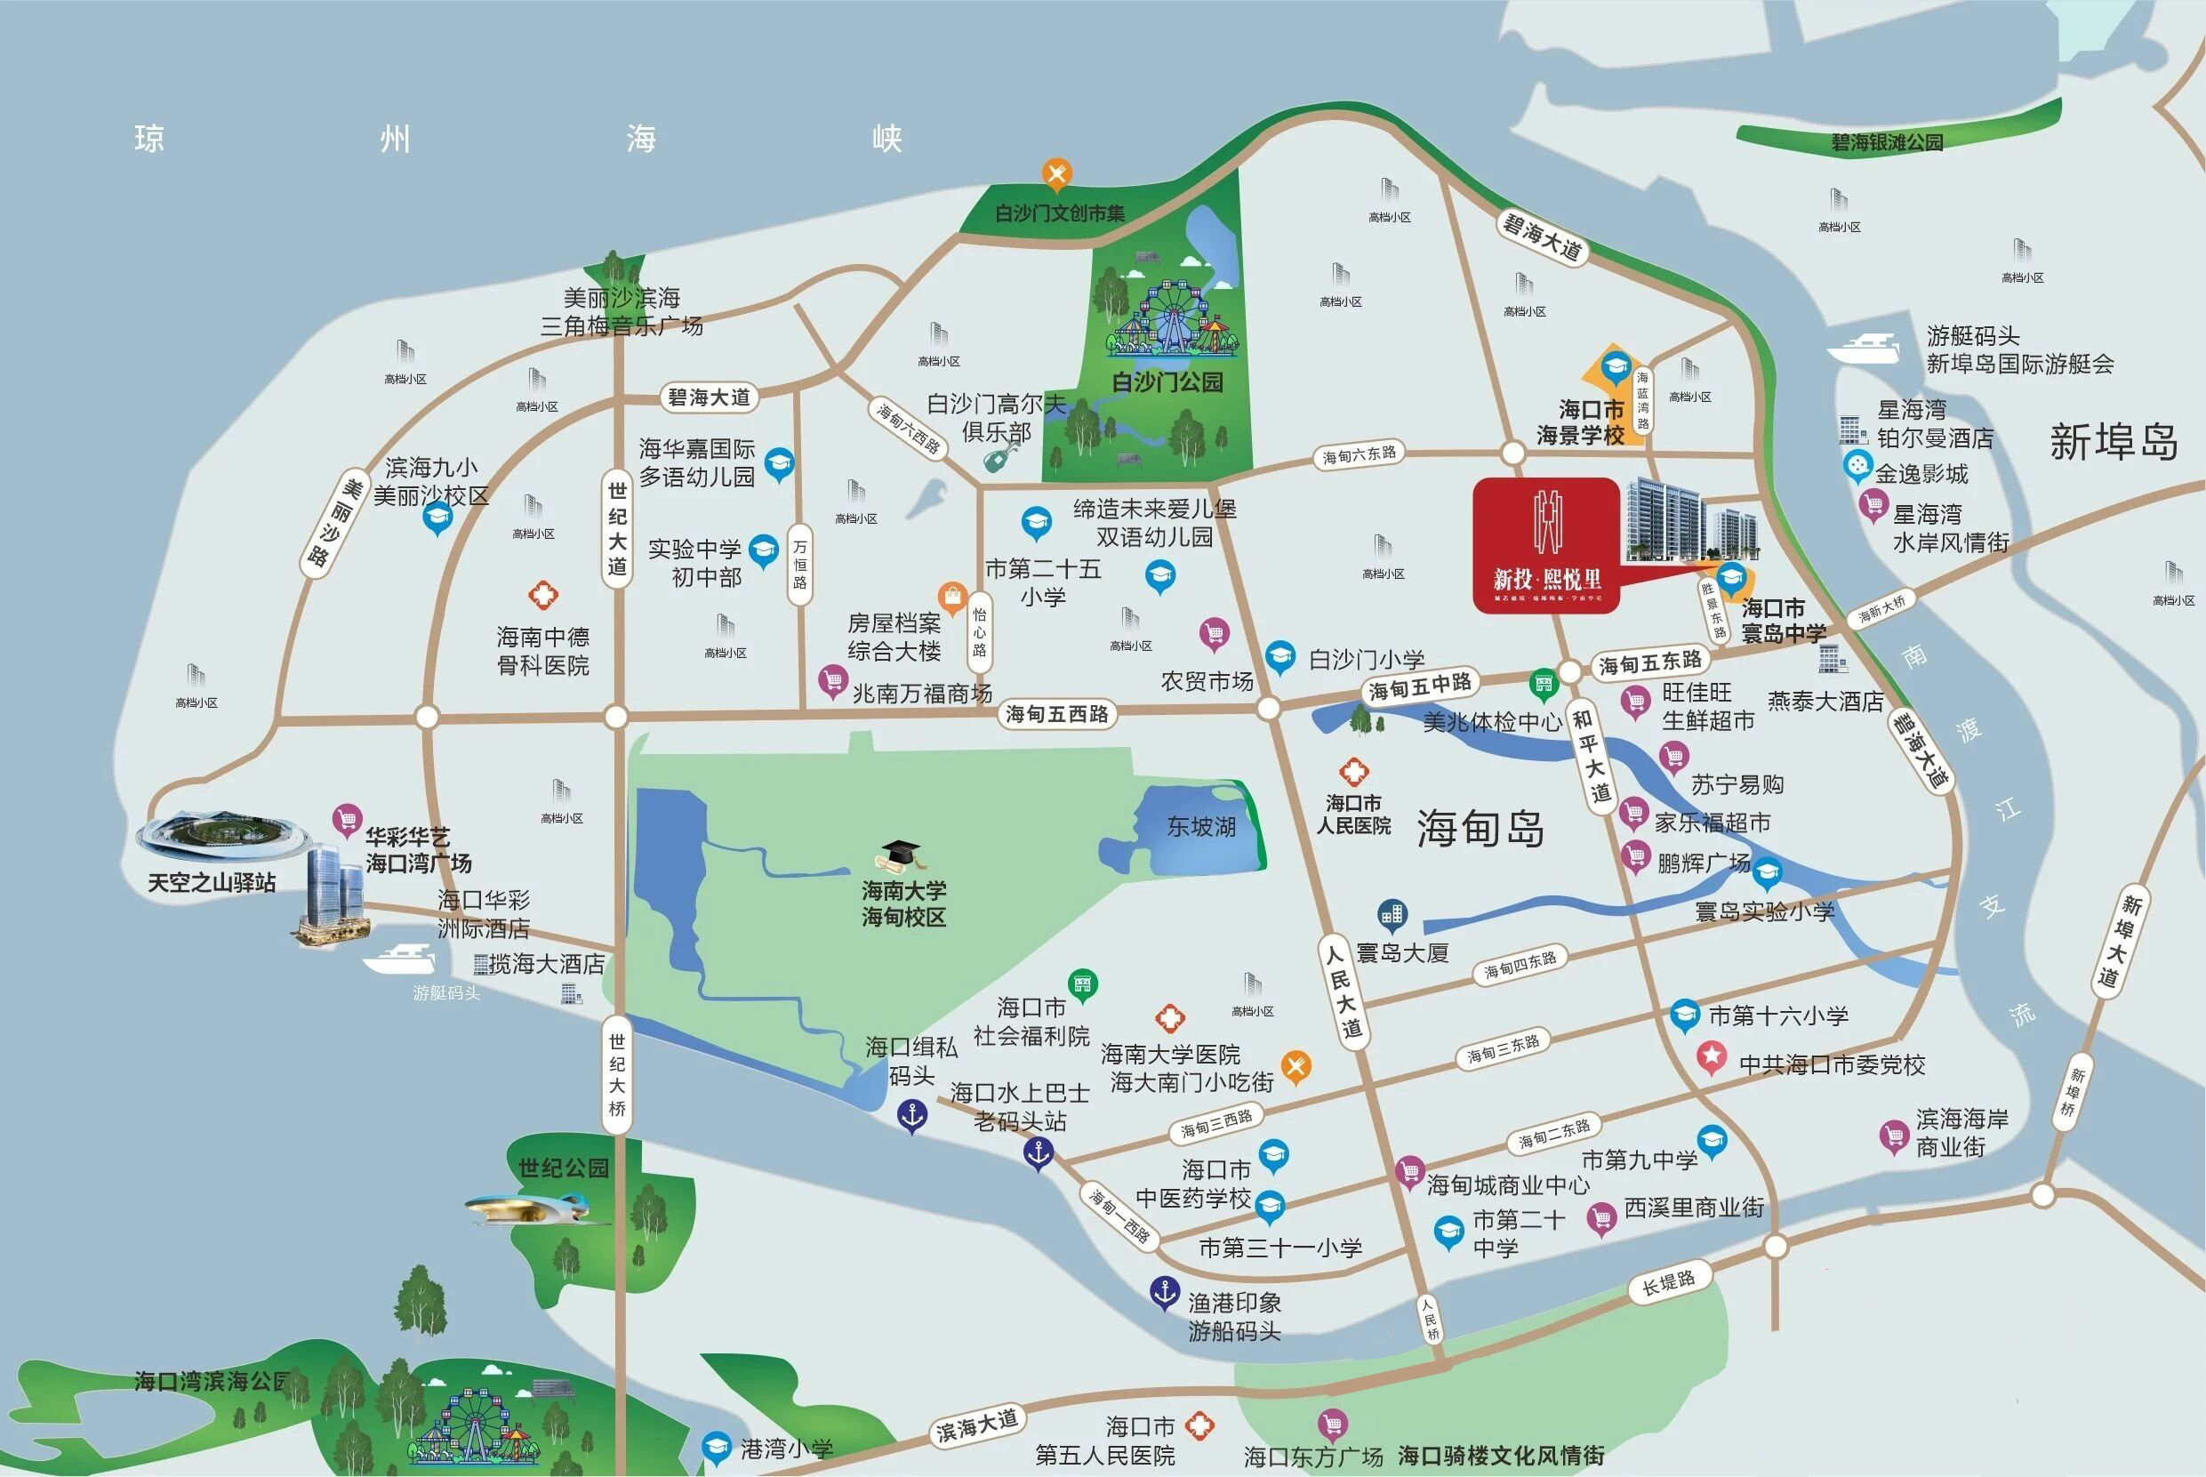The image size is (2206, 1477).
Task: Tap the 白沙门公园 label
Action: coord(1167,382)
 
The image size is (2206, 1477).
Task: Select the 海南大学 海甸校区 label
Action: coord(903,903)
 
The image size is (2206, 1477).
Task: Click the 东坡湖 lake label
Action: coord(1201,827)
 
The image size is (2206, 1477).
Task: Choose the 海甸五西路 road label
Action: coord(1057,714)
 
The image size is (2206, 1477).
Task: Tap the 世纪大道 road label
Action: coord(617,527)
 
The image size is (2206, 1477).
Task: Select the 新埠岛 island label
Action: coord(2114,442)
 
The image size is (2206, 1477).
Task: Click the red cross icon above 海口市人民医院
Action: coord(1353,773)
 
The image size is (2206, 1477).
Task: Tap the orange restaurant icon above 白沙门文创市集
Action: coord(1057,173)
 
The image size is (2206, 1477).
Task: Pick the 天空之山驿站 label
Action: coord(212,883)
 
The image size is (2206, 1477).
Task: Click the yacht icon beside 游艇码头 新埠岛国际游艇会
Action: coord(1862,350)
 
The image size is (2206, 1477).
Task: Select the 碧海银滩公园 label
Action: coord(1887,142)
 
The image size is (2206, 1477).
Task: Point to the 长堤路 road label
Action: coord(1668,1283)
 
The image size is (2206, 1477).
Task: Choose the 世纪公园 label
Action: coord(563,1168)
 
